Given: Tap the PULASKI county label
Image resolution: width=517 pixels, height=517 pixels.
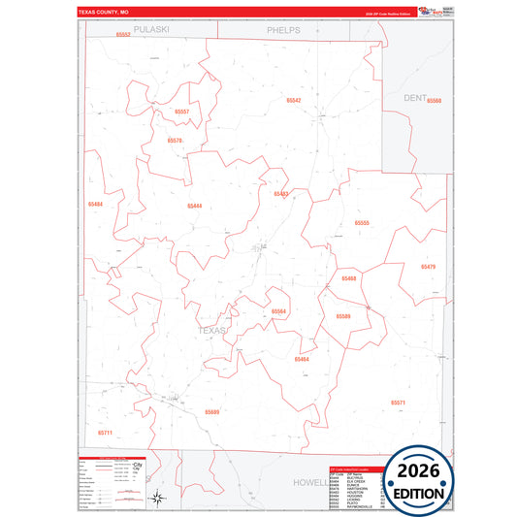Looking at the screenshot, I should click(151, 30).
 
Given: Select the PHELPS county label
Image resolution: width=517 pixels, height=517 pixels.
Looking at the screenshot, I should click(284, 30).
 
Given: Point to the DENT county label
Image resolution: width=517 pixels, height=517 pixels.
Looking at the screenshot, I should click(415, 98).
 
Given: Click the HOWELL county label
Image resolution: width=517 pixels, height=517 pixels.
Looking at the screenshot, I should click(310, 481).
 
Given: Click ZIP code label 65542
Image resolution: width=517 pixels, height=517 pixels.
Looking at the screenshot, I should click(293, 101).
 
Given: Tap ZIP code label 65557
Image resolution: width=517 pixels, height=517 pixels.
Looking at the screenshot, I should click(182, 113).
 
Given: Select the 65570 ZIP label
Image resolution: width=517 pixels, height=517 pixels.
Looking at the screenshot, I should click(175, 141).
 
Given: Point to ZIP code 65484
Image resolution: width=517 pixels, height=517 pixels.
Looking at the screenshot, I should click(95, 205).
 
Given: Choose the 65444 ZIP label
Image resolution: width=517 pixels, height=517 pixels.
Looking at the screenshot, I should click(195, 206).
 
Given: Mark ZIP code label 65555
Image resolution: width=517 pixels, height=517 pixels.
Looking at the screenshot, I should click(362, 223).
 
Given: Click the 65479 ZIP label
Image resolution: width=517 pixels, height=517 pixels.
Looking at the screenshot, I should click(428, 266).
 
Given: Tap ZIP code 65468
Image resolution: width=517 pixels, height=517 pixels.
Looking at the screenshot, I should click(349, 278).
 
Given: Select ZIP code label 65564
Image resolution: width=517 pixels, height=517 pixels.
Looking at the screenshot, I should click(278, 311).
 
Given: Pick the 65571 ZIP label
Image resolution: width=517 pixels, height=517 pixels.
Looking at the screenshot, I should click(398, 402).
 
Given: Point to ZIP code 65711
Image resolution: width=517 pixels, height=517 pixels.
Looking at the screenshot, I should click(105, 432).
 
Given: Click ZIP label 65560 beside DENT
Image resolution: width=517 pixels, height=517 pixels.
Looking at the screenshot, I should click(434, 101).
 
